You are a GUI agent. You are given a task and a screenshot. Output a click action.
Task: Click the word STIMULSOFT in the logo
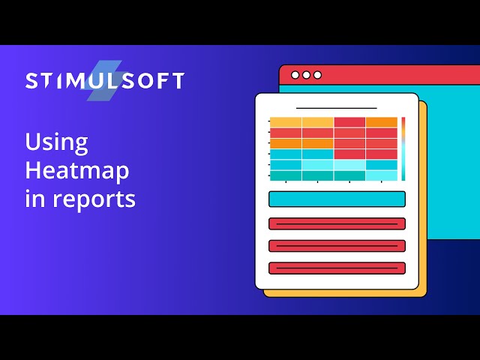click(x=104, y=81)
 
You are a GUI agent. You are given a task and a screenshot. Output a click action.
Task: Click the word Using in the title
click(x=56, y=142)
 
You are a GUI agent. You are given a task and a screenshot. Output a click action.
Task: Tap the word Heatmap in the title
click(x=76, y=171)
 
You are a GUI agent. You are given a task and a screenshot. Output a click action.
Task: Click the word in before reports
click(x=34, y=199)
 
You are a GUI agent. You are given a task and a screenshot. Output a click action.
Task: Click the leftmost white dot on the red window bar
click(x=295, y=75)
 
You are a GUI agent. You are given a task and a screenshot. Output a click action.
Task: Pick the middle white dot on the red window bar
click(x=306, y=75)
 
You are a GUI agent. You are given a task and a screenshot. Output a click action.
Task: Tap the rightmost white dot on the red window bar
click(x=317, y=75)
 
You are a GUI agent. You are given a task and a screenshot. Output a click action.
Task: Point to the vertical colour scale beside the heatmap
click(x=403, y=148)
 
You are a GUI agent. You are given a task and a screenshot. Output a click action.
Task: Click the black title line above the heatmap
click(x=336, y=108)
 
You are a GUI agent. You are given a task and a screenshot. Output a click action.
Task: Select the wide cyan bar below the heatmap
click(x=337, y=199)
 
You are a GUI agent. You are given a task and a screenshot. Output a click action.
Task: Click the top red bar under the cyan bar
click(x=337, y=223)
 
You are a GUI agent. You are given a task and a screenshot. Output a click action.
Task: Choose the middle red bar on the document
click(x=337, y=245)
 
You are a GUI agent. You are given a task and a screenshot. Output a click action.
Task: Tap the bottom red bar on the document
click(x=337, y=268)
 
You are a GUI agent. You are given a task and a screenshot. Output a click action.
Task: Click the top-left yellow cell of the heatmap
click(x=286, y=122)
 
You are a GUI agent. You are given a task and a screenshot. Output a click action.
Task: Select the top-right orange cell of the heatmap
click(x=382, y=122)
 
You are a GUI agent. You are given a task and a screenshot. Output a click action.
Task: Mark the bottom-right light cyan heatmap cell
click(x=382, y=175)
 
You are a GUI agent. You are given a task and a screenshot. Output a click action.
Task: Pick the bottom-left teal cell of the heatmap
click(x=286, y=175)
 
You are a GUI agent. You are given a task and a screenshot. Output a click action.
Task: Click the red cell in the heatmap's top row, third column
click(x=349, y=122)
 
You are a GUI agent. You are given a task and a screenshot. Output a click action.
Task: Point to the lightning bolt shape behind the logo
click(x=104, y=81)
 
